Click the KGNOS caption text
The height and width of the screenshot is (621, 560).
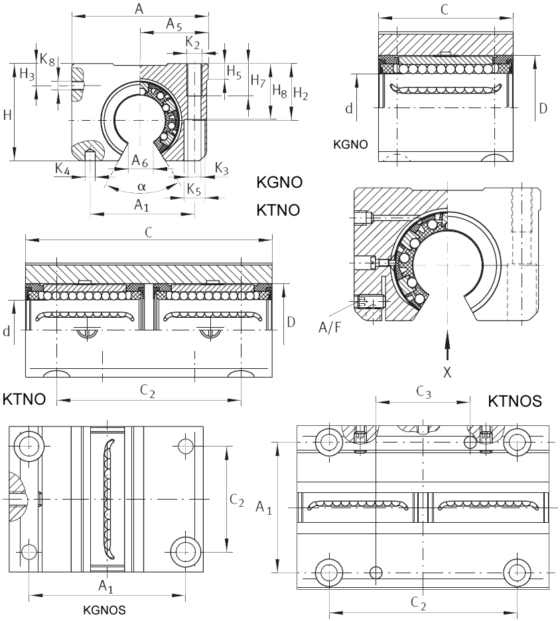[x=104, y=610]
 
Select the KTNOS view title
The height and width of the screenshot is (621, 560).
[x=514, y=401]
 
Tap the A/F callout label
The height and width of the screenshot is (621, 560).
[x=330, y=328]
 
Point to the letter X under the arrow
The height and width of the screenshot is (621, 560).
[x=447, y=372]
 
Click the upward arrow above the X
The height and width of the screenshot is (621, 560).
[x=447, y=346]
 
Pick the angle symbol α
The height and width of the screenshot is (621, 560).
[x=141, y=186]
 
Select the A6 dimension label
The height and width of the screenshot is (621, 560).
[x=139, y=161]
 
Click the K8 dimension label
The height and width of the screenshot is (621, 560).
[x=47, y=60]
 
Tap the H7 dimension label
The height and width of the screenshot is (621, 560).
[x=258, y=81]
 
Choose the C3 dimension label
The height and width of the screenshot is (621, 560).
[x=423, y=392]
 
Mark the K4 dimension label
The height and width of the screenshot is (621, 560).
[x=62, y=169]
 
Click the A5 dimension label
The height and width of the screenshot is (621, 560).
[x=174, y=24]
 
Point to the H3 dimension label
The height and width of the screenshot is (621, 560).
[x=27, y=74]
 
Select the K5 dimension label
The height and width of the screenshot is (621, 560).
[x=194, y=189]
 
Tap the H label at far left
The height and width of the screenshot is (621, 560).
[x=7, y=115]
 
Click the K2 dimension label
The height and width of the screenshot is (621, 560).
[x=192, y=42]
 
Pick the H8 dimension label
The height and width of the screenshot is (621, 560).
[x=279, y=91]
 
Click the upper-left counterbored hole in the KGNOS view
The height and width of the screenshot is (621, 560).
[x=29, y=445]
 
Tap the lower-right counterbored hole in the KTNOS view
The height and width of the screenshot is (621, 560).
[x=518, y=573]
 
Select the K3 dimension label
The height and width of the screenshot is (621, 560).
[x=222, y=169]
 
